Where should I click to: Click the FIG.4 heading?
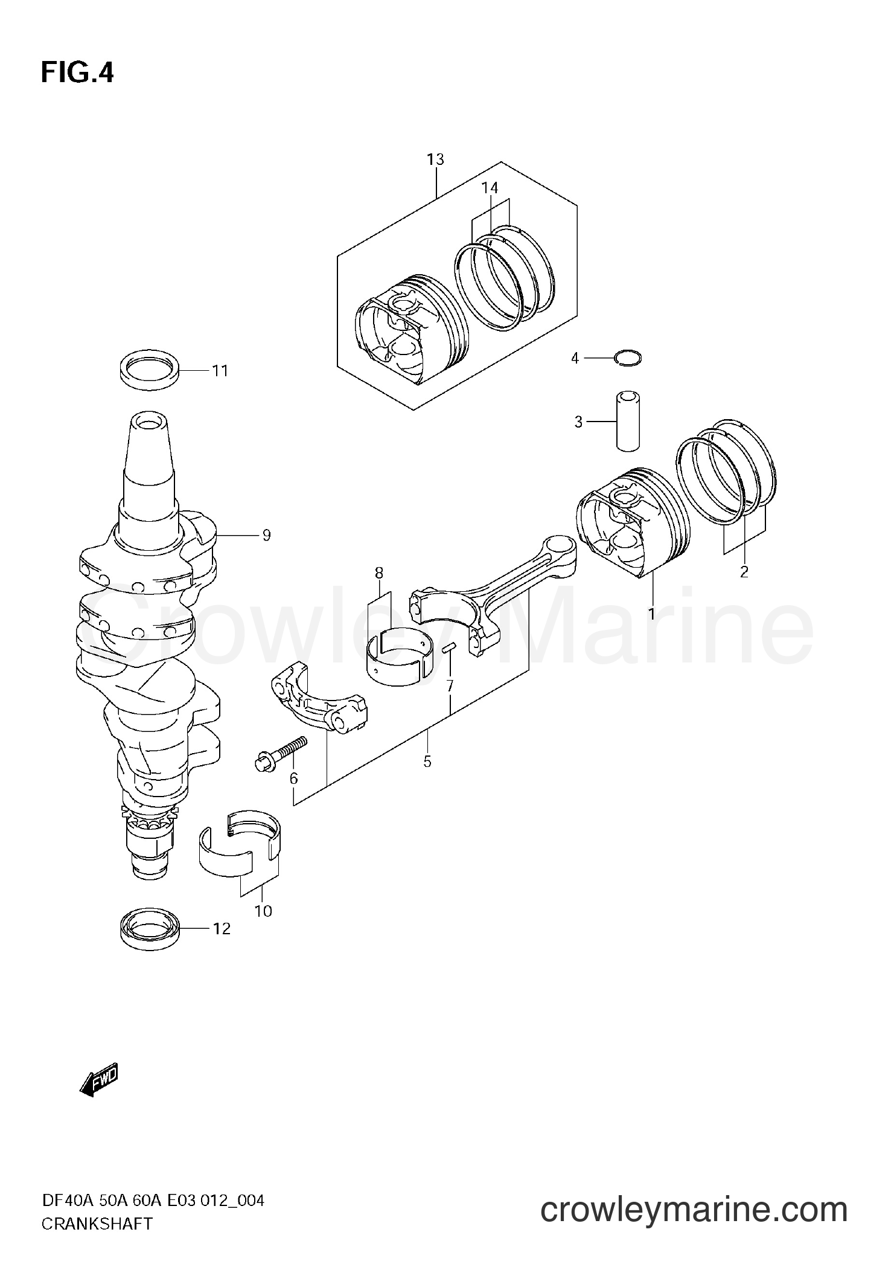point(77,73)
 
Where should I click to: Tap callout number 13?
point(435,159)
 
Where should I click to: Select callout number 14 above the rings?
point(490,188)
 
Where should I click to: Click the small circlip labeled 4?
point(628,358)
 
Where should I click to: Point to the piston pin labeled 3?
point(627,421)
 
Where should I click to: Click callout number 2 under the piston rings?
point(744,571)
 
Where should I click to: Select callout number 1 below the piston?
point(651,614)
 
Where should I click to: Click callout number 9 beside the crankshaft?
point(266,535)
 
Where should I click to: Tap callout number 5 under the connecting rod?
point(427,762)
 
